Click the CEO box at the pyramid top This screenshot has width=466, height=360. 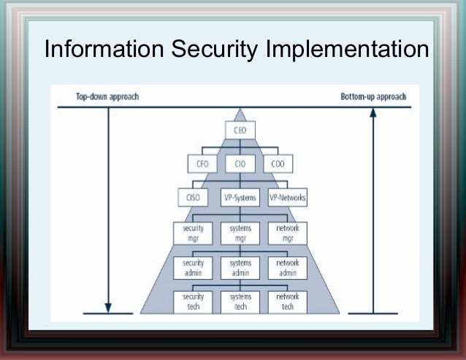click(x=240, y=131)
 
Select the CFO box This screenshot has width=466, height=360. click(x=199, y=164)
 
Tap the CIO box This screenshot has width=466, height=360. click(x=240, y=164)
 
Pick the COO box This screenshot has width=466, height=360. click(x=278, y=164)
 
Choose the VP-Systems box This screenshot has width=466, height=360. click(x=240, y=196)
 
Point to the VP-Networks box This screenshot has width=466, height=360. click(x=287, y=196)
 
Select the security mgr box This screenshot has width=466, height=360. click(x=192, y=233)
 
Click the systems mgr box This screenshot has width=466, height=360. click(x=240, y=233)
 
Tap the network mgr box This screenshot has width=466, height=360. click(x=287, y=233)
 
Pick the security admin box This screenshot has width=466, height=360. click(x=192, y=267)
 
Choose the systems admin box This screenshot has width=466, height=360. click(x=240, y=267)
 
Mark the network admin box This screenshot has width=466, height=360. click(x=287, y=267)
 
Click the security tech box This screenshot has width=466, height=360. click(x=192, y=302)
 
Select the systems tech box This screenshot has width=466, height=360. click(x=240, y=302)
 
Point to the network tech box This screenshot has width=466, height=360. click(x=287, y=302)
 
